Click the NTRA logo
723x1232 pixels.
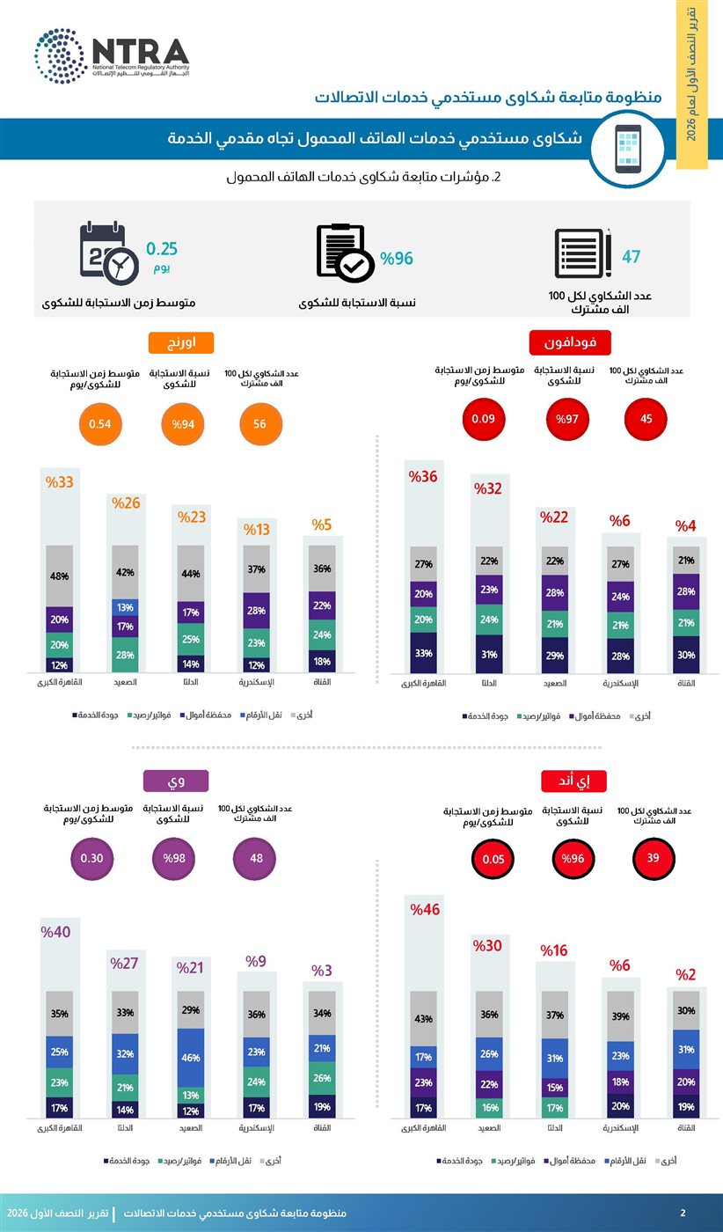click(112, 56)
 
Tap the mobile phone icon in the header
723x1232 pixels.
click(628, 149)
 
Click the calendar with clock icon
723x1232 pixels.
click(109, 253)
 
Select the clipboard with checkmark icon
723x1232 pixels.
click(346, 253)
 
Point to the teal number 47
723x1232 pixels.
click(632, 257)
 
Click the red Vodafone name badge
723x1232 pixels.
click(570, 342)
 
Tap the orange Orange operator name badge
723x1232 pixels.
click(181, 342)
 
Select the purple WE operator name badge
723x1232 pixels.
click(176, 781)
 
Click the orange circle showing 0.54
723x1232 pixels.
click(99, 424)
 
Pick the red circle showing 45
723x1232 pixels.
click(646, 419)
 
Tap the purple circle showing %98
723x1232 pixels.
click(174, 859)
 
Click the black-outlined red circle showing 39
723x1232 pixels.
click(653, 858)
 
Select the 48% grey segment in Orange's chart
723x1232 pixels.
click(60, 576)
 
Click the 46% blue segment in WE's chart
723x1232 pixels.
click(191, 1058)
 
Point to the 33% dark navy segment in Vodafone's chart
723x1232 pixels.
click(423, 653)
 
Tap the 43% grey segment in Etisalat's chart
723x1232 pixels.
click(423, 1019)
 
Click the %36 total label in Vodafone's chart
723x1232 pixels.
click(423, 477)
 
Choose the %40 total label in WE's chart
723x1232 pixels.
click(55, 932)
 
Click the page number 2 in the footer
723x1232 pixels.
click(683, 1213)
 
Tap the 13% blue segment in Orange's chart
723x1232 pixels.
click(125, 608)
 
